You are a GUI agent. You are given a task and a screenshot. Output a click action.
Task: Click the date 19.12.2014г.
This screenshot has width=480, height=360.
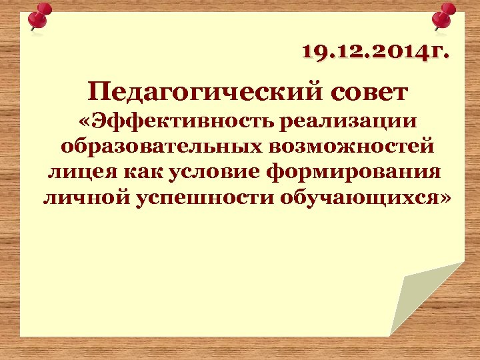point(375,51)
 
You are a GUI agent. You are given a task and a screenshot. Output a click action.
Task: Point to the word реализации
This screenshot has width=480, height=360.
point(351,122)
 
